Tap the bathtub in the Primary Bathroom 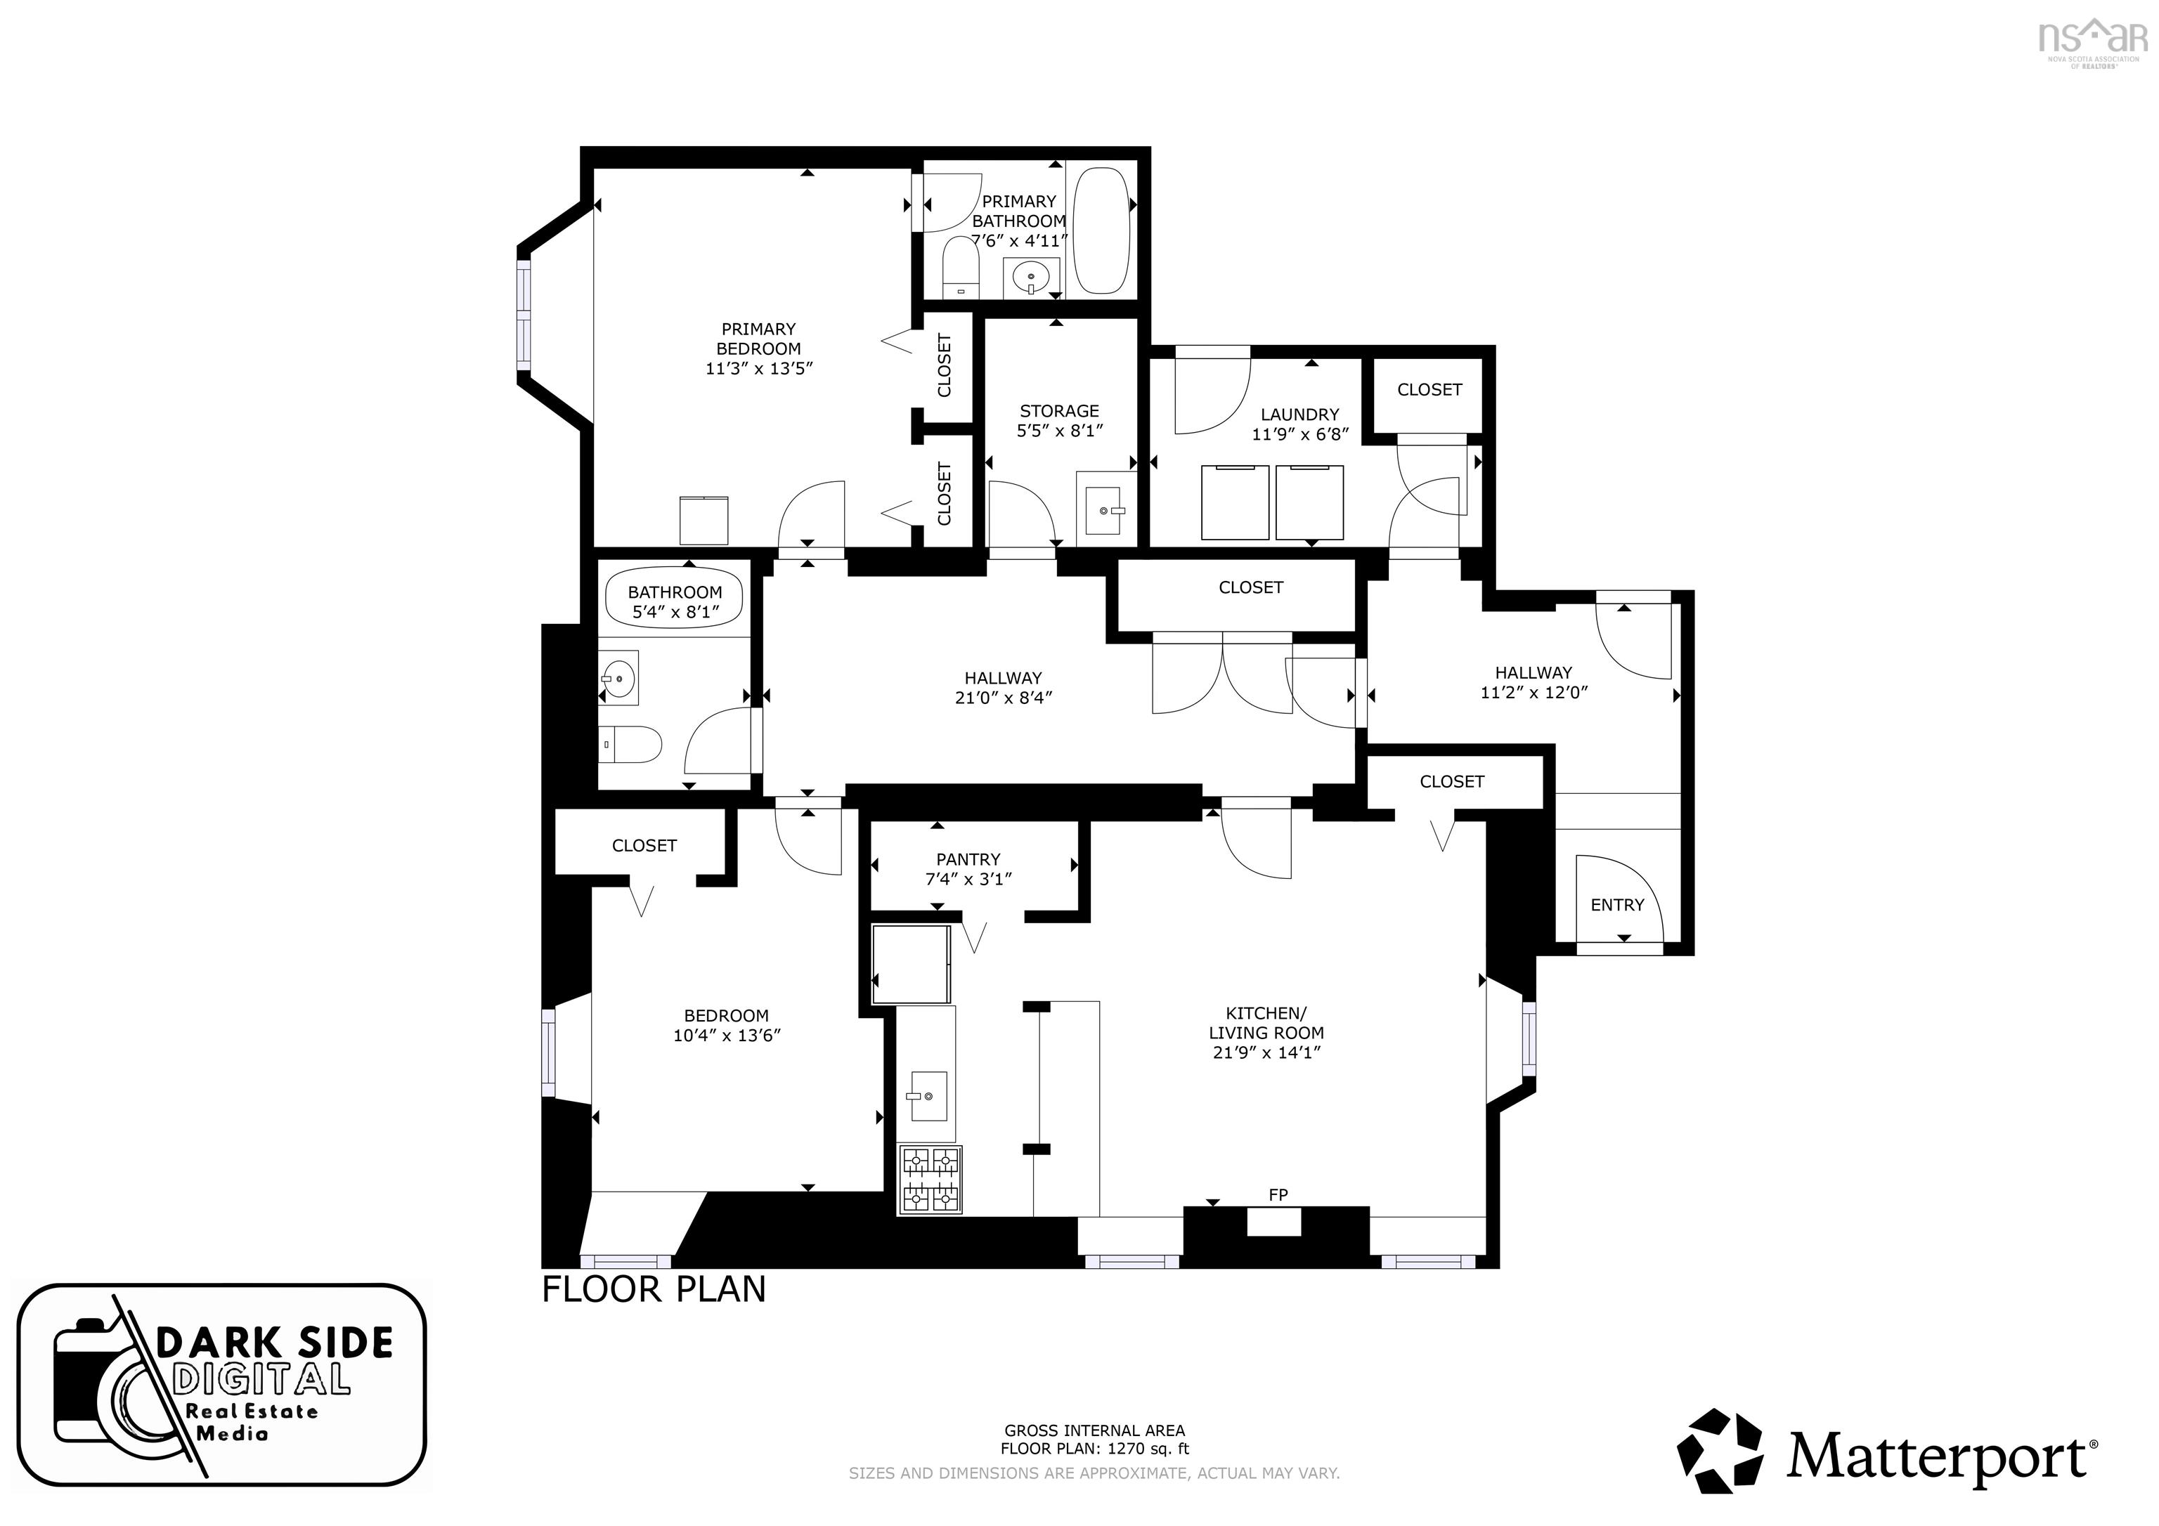[x=1100, y=230]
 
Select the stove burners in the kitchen [x=931, y=1180]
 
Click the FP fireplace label [x=1278, y=1195]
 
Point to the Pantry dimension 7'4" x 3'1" [x=968, y=879]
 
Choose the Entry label [x=1617, y=904]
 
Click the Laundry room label [x=1299, y=415]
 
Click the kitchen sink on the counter [x=927, y=1095]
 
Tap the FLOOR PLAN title [x=654, y=1289]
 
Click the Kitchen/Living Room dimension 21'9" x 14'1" [x=1266, y=1052]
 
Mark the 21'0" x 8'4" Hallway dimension [x=1004, y=698]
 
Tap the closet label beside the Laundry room [x=1429, y=389]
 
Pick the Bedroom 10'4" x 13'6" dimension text [x=727, y=1035]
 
